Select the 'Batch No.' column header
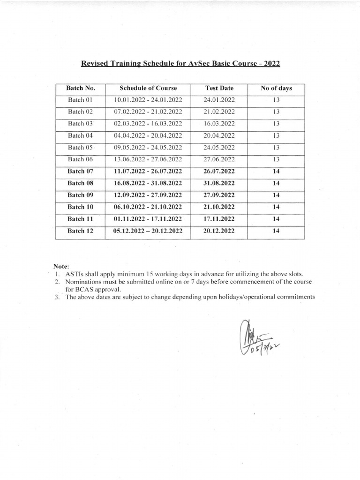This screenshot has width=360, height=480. tap(81, 89)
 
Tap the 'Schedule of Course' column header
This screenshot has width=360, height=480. tap(148, 89)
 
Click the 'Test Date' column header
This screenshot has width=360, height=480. tap(219, 89)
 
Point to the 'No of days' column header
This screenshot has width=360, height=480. tap(276, 89)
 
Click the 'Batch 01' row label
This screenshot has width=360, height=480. tap(81, 100)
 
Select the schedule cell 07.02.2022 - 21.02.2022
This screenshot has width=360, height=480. tap(148, 112)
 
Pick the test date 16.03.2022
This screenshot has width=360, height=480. tap(219, 123)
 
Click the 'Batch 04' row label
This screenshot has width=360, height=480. tap(81, 135)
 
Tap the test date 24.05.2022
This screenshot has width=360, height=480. tap(219, 147)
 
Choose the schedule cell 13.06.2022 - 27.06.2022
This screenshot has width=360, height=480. tap(148, 159)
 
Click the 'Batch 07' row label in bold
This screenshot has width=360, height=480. tap(81, 171)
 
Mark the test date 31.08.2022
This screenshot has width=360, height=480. tap(219, 183)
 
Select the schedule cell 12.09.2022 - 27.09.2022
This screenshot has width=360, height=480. tap(148, 195)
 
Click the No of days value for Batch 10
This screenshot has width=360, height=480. tap(276, 207)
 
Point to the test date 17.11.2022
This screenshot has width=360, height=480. tap(219, 218)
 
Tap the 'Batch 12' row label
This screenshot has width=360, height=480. tap(81, 231)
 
